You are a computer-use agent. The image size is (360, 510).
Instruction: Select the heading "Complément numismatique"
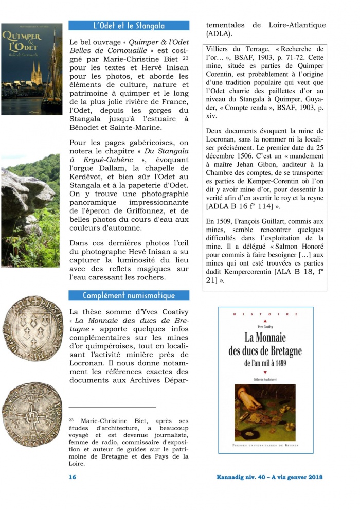(129, 295)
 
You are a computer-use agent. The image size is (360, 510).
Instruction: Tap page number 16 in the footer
(73, 477)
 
